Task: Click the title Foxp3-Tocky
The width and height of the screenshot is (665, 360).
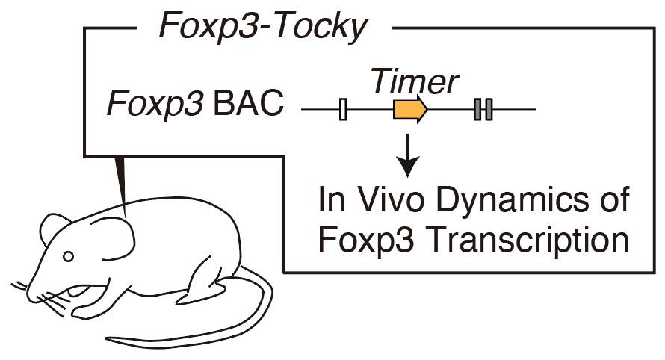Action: coord(263,26)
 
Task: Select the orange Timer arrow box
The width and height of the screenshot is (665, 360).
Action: coord(410,109)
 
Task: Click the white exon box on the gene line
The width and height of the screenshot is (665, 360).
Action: coord(343,109)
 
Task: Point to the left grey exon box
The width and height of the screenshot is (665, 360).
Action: coord(477,109)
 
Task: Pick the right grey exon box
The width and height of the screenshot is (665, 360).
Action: coord(489,109)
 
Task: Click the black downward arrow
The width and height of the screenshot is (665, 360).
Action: coord(407,155)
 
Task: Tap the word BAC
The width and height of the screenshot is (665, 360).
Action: coord(248,103)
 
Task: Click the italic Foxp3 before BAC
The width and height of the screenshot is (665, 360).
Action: coord(155,105)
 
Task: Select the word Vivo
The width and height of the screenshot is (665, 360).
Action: coord(391,199)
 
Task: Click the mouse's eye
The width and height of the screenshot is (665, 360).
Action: coord(68,256)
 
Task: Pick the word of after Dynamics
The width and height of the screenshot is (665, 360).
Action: coord(614,199)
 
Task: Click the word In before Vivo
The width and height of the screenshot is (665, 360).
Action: coord(331,199)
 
